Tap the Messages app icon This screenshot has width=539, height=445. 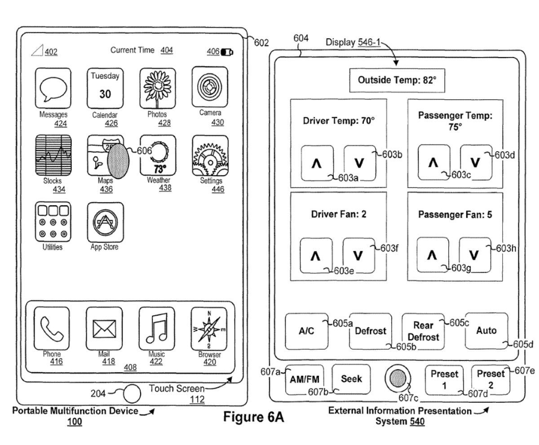pyautogui.click(x=53, y=87)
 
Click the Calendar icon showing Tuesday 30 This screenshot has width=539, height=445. pyautogui.click(x=105, y=87)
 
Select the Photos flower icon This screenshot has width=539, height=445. pyautogui.click(x=157, y=87)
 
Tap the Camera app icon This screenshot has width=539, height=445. pyautogui.click(x=210, y=86)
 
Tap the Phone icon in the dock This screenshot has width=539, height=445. pyautogui.click(x=52, y=329)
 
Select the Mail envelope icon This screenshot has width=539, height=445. pyautogui.click(x=104, y=329)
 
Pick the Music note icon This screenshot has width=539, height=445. pyautogui.click(x=157, y=329)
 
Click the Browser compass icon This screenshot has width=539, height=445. pyautogui.click(x=209, y=329)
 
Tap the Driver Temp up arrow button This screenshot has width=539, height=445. pyautogui.click(x=317, y=162)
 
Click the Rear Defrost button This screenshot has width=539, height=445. pyautogui.click(x=423, y=331)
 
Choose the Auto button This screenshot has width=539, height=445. pyautogui.click(x=486, y=331)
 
